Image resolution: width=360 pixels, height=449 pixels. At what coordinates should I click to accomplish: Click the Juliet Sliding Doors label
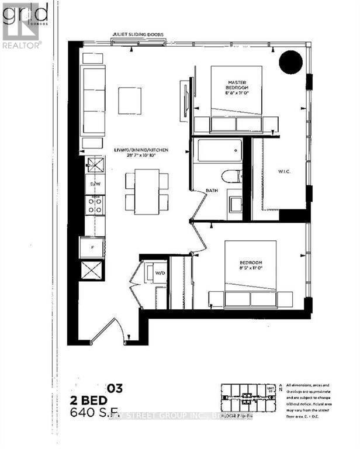click(139, 34)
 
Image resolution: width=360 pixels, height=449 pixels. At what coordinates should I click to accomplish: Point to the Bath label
click(212, 191)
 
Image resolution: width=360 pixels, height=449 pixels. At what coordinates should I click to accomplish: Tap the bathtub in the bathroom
click(219, 151)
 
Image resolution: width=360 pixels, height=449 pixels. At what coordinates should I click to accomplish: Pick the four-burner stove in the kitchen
click(95, 204)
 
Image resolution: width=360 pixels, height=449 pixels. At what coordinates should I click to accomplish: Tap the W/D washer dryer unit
click(158, 272)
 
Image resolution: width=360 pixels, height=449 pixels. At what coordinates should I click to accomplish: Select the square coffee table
click(129, 101)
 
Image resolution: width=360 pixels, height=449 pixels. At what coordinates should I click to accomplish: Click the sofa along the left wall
click(94, 101)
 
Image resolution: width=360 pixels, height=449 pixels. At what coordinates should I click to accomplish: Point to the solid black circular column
click(290, 61)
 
